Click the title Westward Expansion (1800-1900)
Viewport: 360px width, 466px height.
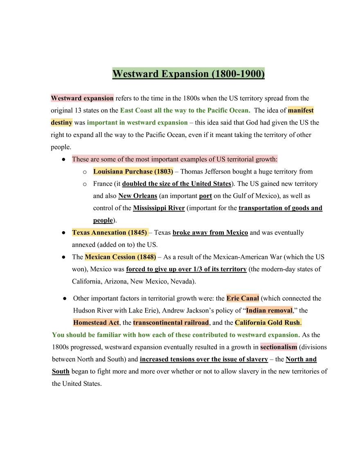(189, 74)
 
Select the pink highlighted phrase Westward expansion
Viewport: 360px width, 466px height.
(82, 98)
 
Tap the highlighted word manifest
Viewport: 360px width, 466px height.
(300, 110)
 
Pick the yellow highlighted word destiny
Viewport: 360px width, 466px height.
(61, 122)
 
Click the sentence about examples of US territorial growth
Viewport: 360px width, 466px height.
(175, 159)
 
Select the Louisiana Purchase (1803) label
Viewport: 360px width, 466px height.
(133, 171)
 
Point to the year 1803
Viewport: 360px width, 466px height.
(164, 171)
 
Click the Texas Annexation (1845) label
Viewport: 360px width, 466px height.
(109, 232)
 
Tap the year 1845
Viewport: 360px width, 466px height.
(137, 232)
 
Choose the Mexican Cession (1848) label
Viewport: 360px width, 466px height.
(120, 257)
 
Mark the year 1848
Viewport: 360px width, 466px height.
(147, 257)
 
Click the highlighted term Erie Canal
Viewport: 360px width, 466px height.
(243, 298)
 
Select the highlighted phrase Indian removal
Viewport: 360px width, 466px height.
(269, 311)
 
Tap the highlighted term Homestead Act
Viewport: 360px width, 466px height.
(96, 322)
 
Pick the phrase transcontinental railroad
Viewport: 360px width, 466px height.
(171, 322)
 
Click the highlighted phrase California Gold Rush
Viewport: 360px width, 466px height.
(268, 322)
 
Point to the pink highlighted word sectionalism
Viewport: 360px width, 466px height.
(278, 347)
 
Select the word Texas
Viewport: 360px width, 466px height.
(81, 232)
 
